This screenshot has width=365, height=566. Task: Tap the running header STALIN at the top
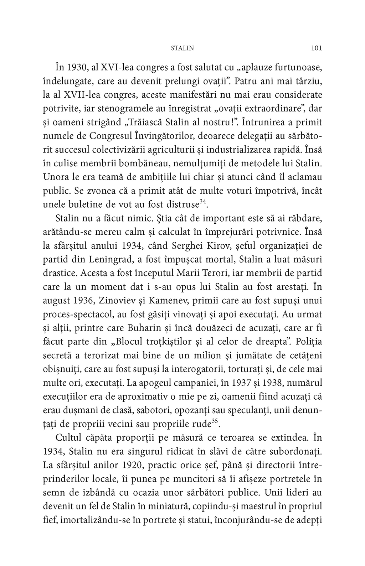[x=182, y=48]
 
